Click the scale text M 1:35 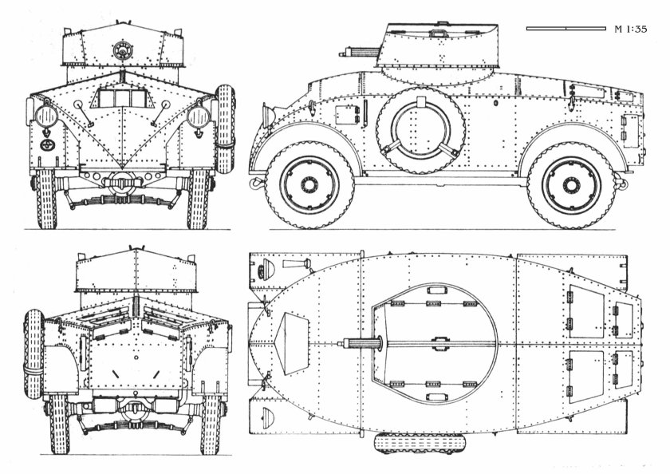pyautogui.click(x=630, y=30)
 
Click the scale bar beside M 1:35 pyautogui.click(x=566, y=29)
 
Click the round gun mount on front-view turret pyautogui.click(x=122, y=50)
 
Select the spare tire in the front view pyautogui.click(x=227, y=128)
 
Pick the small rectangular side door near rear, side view pyautogui.click(x=630, y=132)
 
